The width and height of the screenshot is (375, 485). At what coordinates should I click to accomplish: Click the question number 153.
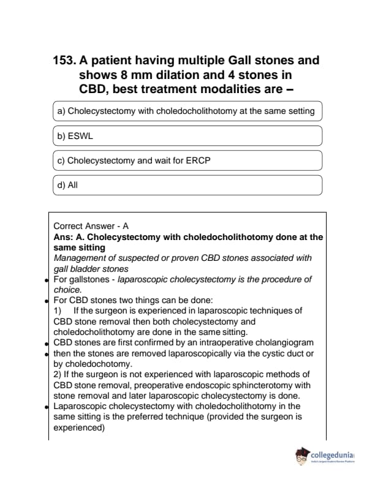pos(66,61)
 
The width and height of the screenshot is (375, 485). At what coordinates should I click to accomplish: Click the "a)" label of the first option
pos(61,111)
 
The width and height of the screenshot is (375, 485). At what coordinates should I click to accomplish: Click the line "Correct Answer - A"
pos(91,226)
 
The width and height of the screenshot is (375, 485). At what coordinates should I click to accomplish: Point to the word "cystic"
pos(267,353)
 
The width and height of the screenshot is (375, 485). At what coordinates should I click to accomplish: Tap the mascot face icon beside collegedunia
pos(301,456)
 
